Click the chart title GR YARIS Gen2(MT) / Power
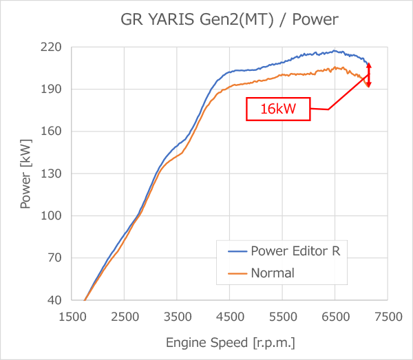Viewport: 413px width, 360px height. [x=229, y=19]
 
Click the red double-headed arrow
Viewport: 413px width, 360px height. [x=368, y=75]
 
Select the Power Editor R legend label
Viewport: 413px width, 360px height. [x=295, y=251]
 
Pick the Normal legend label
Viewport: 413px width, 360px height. [x=273, y=273]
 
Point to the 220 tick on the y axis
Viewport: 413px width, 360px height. [x=52, y=47]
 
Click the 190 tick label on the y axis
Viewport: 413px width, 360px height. [x=52, y=89]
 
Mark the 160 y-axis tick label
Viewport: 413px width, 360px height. [x=52, y=131]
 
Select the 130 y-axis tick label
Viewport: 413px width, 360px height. [x=52, y=173]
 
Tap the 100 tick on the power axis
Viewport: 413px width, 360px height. [x=52, y=216]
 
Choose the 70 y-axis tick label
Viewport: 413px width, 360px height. [x=55, y=258]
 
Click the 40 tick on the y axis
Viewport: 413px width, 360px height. [x=55, y=300]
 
